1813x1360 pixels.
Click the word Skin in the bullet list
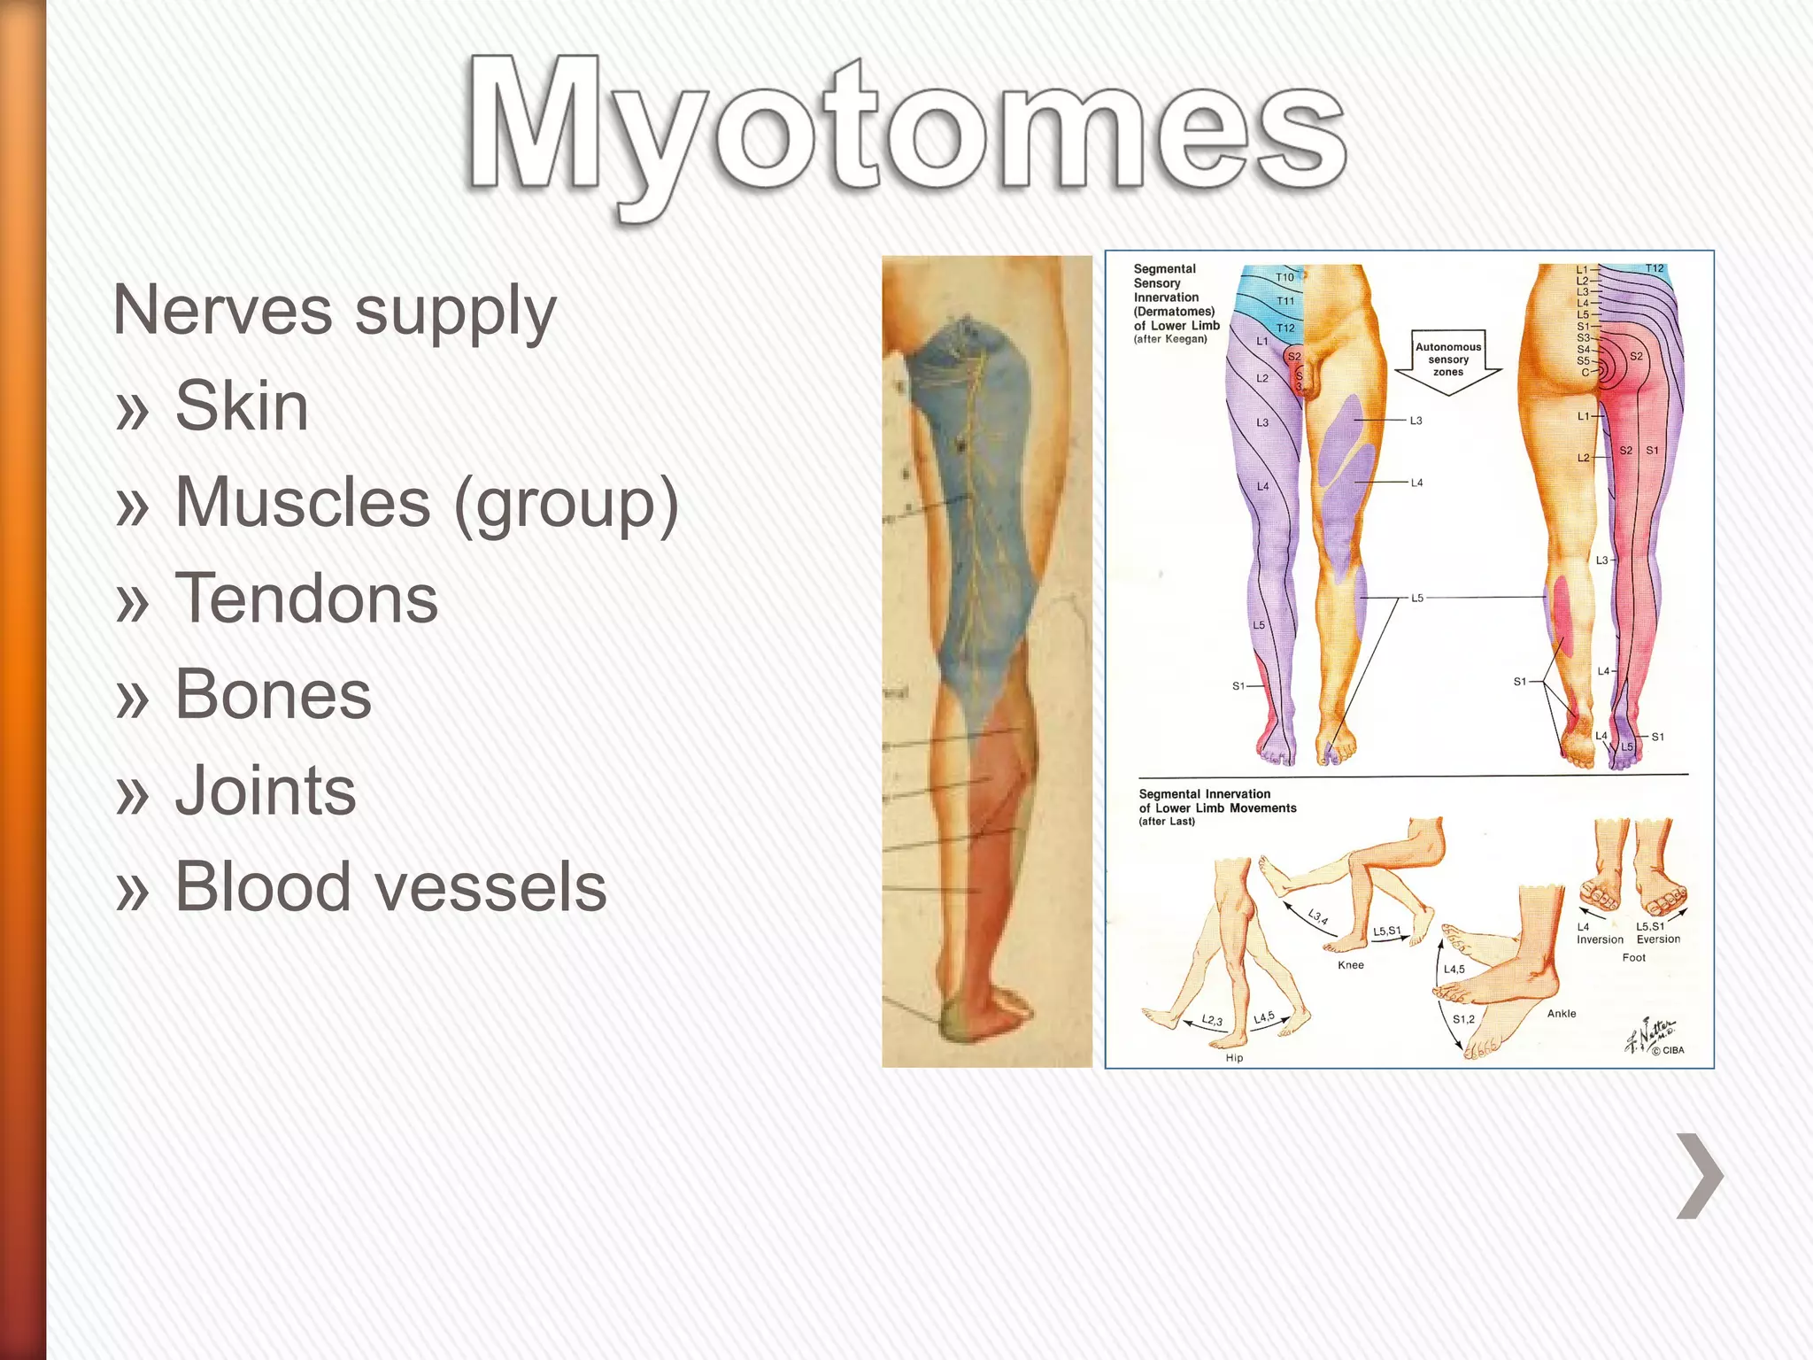coord(242,406)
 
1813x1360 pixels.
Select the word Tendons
coord(306,598)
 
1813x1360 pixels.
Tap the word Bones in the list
coord(273,694)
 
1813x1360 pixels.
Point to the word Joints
coord(266,791)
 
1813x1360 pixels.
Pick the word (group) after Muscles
coord(565,503)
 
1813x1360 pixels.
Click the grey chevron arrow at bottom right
coord(1700,1175)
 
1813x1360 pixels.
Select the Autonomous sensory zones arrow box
coord(1447,360)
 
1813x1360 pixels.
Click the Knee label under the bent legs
coord(1350,965)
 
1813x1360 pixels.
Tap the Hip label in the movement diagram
coord(1234,1058)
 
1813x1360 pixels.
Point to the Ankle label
coord(1562,1014)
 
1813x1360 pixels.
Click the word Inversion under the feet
coord(1600,940)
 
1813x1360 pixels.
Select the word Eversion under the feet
coord(1658,939)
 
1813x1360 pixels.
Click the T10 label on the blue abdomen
coord(1285,277)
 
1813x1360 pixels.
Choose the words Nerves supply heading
coord(335,311)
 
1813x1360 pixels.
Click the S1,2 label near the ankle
coord(1463,1019)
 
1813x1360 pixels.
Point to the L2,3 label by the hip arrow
coord(1212,1021)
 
